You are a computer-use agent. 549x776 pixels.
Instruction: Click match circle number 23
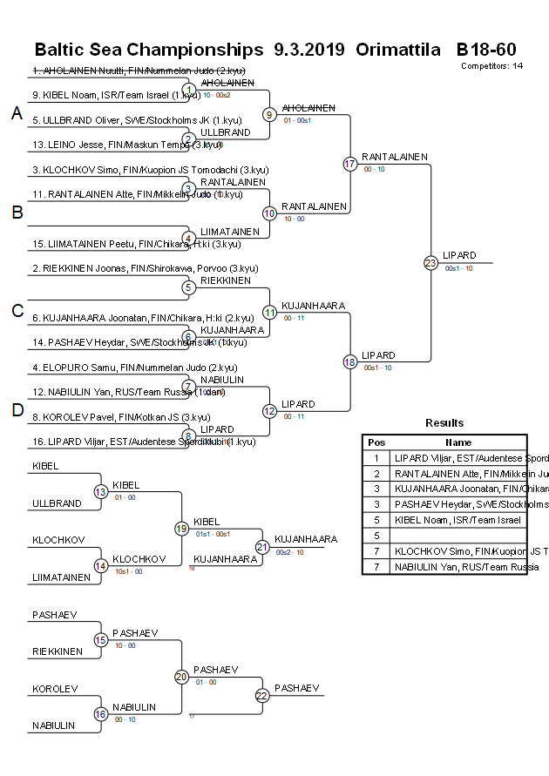tap(430, 262)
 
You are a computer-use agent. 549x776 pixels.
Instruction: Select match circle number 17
tap(350, 164)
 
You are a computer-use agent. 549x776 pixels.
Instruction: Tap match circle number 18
tap(350, 361)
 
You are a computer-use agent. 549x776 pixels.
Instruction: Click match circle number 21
tap(262, 546)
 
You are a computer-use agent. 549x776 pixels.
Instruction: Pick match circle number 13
tap(100, 491)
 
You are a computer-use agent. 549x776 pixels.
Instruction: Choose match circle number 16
tap(100, 714)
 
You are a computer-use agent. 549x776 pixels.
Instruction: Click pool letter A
tap(16, 113)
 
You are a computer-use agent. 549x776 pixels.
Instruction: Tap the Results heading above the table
tap(444, 423)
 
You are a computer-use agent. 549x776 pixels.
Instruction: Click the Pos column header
tap(376, 442)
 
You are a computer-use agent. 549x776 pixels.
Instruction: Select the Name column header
tap(458, 442)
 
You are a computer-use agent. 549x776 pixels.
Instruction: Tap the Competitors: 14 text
tap(491, 65)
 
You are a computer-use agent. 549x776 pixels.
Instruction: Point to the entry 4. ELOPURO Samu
tap(135, 368)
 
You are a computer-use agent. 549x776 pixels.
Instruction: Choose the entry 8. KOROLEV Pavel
tap(121, 417)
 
